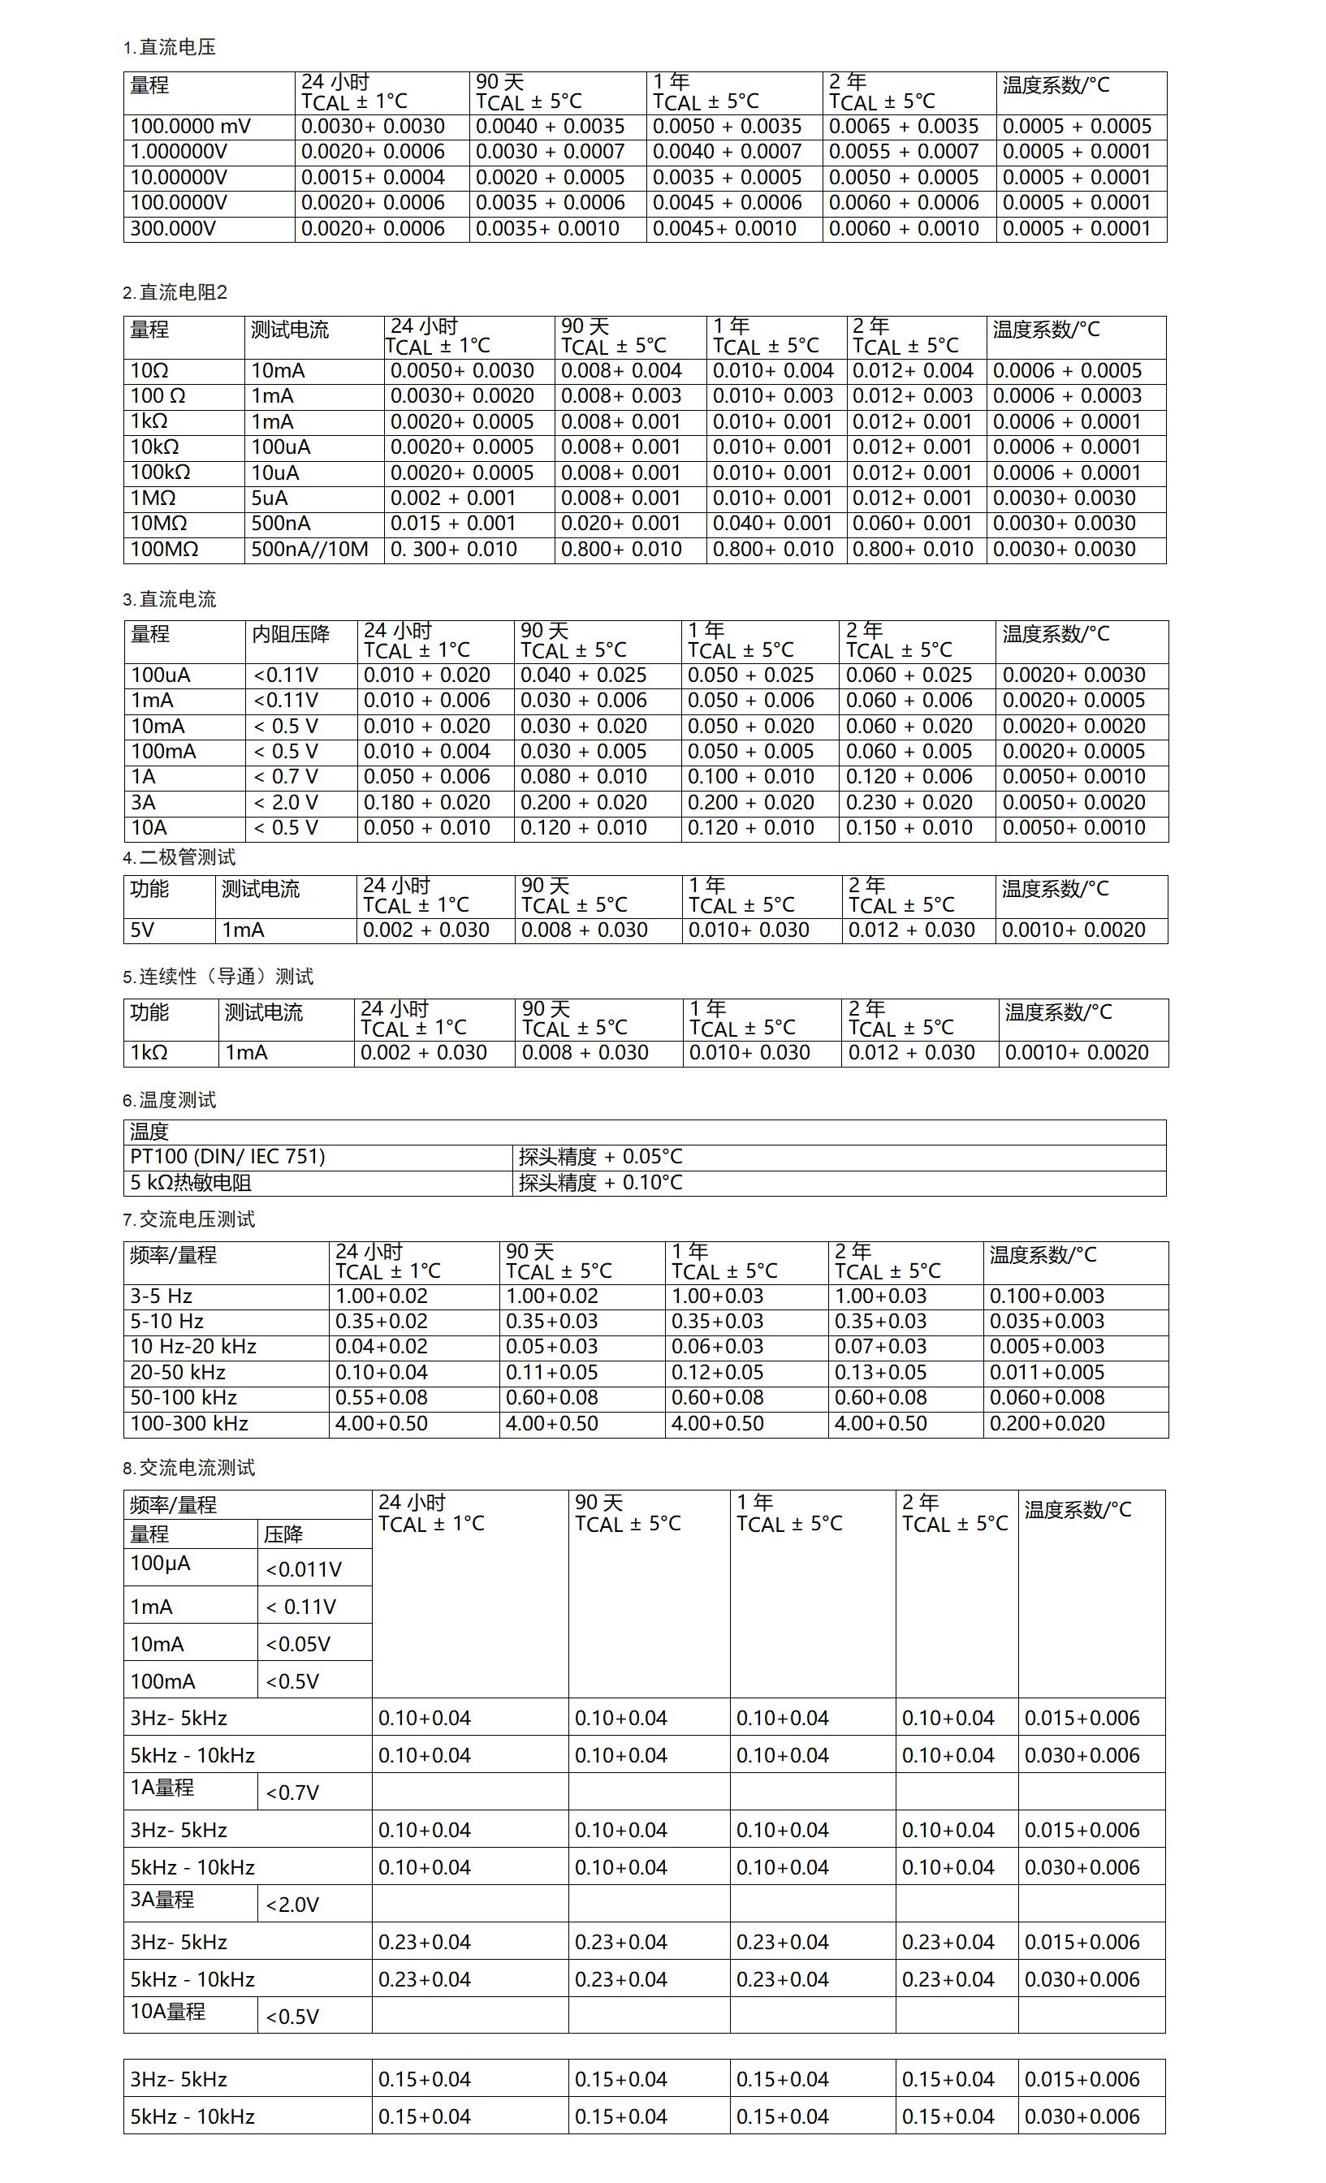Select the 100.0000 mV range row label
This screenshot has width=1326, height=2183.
(190, 127)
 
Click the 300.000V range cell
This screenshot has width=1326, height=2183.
(173, 229)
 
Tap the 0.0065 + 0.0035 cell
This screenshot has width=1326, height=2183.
(903, 127)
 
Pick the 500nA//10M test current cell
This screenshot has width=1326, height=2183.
(309, 550)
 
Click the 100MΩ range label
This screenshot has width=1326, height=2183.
(164, 550)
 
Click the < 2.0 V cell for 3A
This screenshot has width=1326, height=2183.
(285, 803)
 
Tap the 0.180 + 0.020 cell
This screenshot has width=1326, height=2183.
(426, 803)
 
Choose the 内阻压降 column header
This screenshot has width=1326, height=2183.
(291, 634)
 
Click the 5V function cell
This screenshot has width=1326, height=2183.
(143, 930)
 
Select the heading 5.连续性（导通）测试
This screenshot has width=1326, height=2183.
(218, 977)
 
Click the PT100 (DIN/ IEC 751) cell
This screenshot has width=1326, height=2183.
(228, 1156)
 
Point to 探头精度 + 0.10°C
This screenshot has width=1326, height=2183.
(600, 1182)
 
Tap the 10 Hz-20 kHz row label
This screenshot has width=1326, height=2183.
(193, 1347)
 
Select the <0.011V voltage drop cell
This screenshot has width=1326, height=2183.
(303, 1569)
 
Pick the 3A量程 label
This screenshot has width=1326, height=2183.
(162, 1899)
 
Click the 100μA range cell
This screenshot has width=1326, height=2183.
(161, 1563)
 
